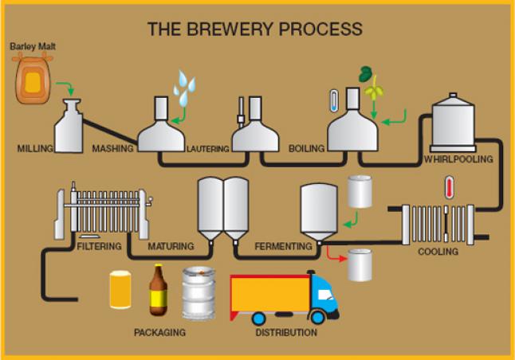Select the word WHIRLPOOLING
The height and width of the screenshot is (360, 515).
click(458, 159)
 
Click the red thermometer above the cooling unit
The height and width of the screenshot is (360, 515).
click(449, 189)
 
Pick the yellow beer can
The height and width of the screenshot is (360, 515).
click(120, 290)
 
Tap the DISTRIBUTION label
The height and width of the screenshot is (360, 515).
click(285, 332)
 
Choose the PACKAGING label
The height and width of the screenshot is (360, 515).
click(160, 332)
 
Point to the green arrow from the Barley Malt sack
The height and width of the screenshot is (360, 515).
click(69, 87)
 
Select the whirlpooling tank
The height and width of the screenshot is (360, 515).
click(453, 123)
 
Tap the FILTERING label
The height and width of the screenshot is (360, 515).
click(98, 246)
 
